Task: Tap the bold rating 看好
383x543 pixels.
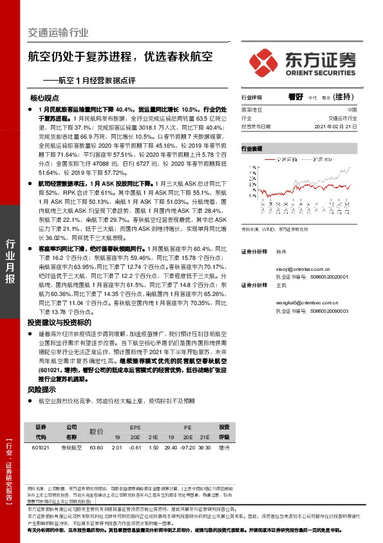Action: click(295, 97)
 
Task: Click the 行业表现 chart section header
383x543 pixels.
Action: click(252, 149)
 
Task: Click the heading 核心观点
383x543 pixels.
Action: click(44, 99)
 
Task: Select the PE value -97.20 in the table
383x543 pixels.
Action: click(187, 448)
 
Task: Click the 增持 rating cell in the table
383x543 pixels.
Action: click(224, 448)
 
